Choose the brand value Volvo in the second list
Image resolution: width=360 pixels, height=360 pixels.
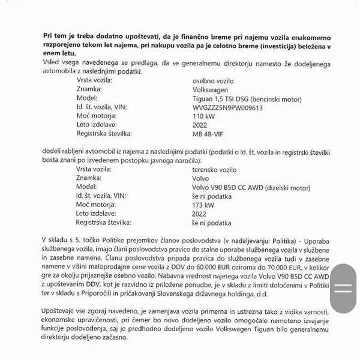[x=200, y=178]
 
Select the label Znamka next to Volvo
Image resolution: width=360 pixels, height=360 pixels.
[x=89, y=178]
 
